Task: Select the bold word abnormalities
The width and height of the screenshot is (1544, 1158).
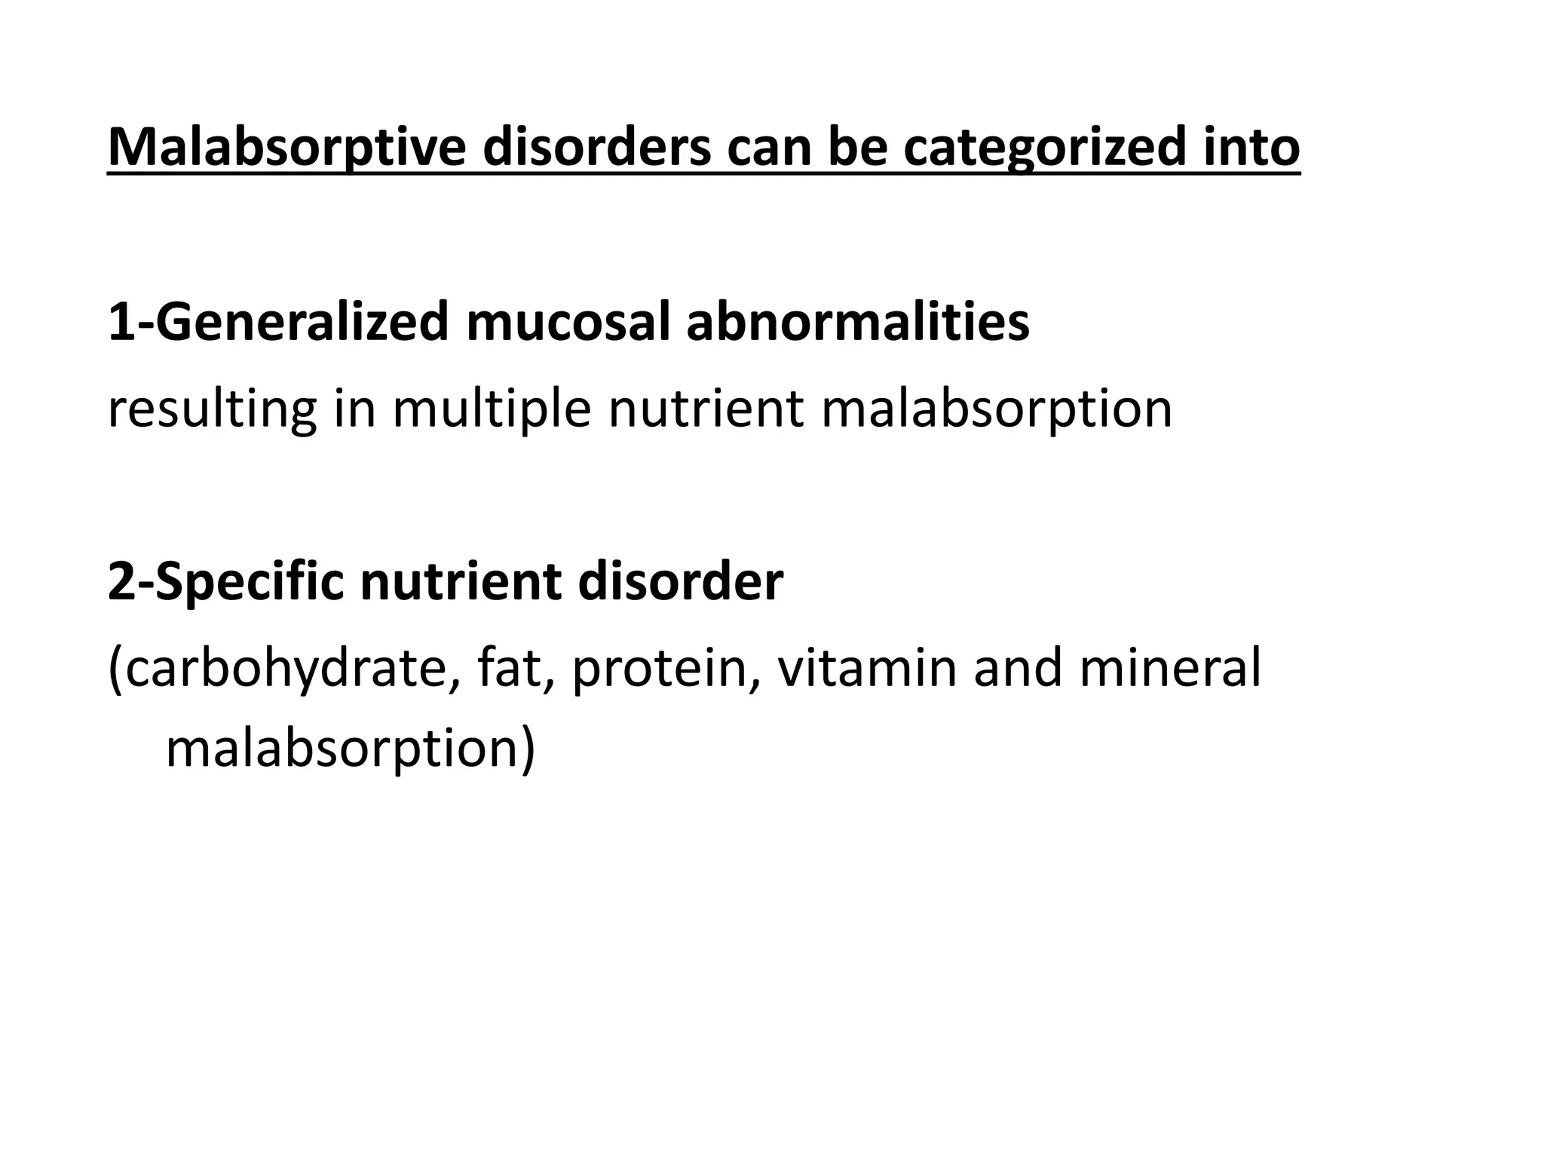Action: (857, 323)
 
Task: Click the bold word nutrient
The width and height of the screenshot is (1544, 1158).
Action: (461, 583)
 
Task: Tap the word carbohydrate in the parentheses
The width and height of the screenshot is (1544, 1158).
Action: (284, 669)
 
